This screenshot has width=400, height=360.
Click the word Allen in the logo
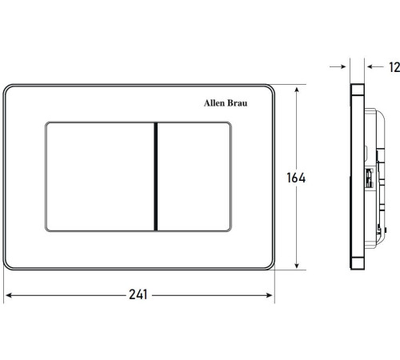[214, 103]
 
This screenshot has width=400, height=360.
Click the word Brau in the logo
[238, 103]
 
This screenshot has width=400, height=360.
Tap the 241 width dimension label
[138, 294]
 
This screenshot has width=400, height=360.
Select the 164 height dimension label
[296, 178]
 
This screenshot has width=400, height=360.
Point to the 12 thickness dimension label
[394, 67]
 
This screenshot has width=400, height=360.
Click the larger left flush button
[100, 177]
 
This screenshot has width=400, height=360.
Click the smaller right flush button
[194, 177]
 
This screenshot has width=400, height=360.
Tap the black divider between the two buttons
[156, 177]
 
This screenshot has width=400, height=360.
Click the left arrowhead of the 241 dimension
[9, 295]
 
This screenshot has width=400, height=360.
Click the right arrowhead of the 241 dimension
[269, 295]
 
